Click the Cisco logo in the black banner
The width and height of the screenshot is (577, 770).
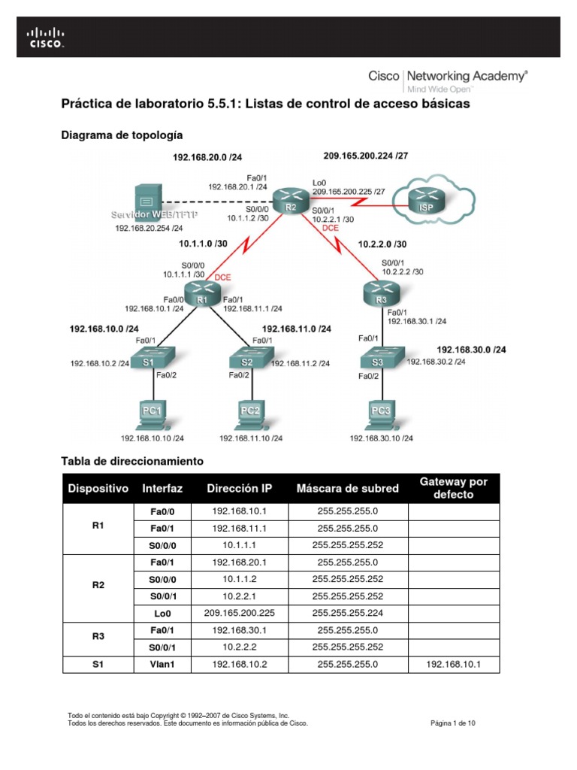click(x=46, y=38)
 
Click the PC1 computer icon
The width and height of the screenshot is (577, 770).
click(x=153, y=413)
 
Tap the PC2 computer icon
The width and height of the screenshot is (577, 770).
click(x=250, y=413)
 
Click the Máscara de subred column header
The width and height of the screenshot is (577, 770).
click(x=347, y=489)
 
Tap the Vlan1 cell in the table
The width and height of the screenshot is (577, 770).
click(x=162, y=665)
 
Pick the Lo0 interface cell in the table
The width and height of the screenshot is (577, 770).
click(x=162, y=613)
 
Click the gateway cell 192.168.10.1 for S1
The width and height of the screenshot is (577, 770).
click(x=453, y=665)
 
